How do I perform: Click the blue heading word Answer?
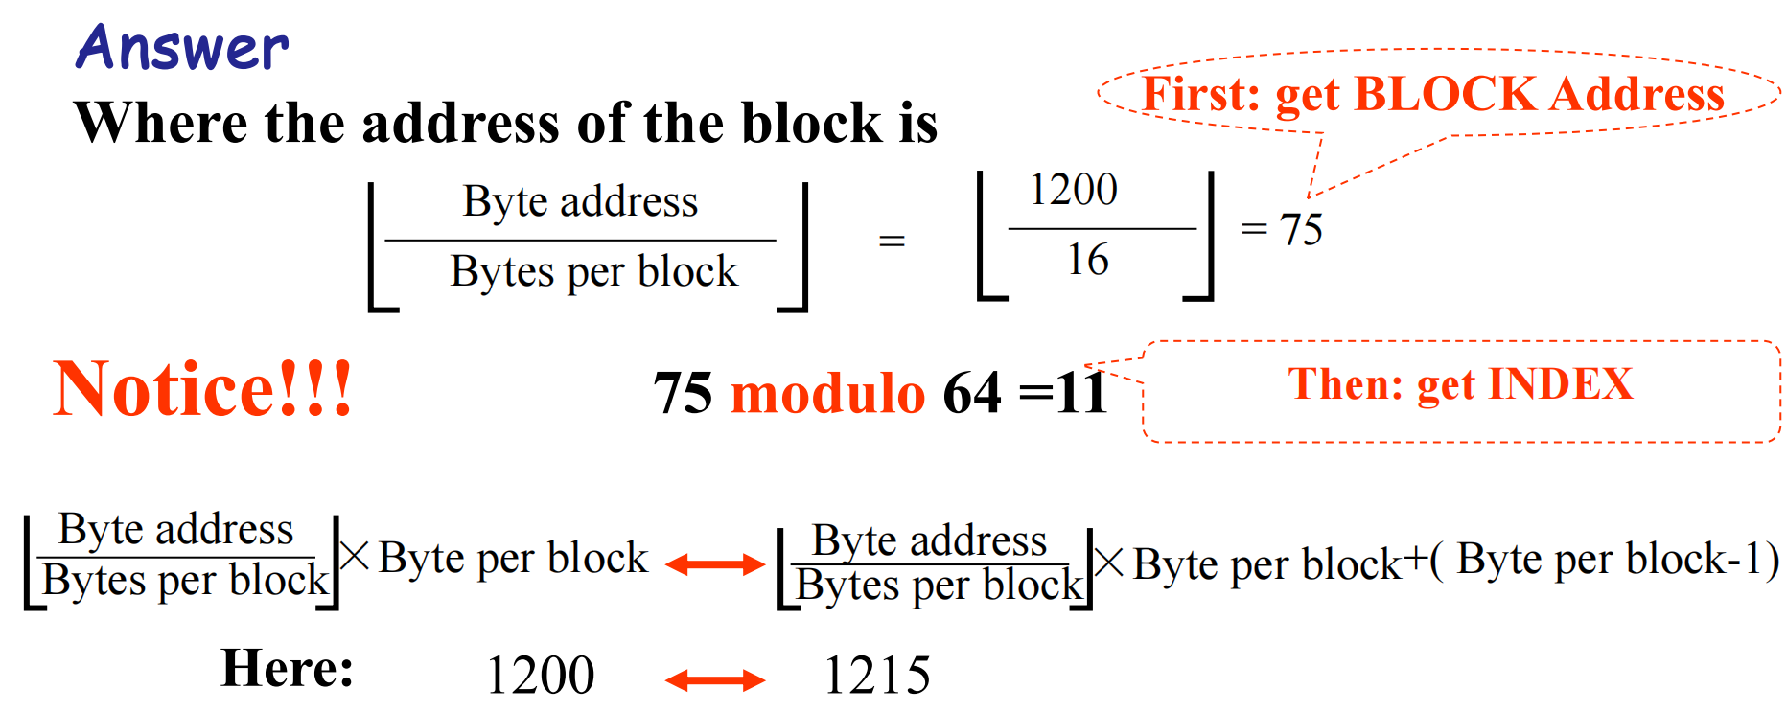(182, 48)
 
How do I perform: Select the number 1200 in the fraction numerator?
(1073, 190)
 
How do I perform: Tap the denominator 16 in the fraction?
(1088, 260)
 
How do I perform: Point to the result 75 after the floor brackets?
(1301, 230)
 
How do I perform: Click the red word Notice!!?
(202, 389)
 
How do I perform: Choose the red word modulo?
(827, 393)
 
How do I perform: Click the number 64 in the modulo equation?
(971, 393)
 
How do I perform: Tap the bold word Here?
(287, 668)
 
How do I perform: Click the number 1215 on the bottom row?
(876, 676)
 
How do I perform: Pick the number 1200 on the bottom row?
(541, 676)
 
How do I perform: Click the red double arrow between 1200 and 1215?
(714, 680)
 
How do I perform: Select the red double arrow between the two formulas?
(714, 564)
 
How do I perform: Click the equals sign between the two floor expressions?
(892, 241)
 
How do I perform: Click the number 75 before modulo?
(683, 393)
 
